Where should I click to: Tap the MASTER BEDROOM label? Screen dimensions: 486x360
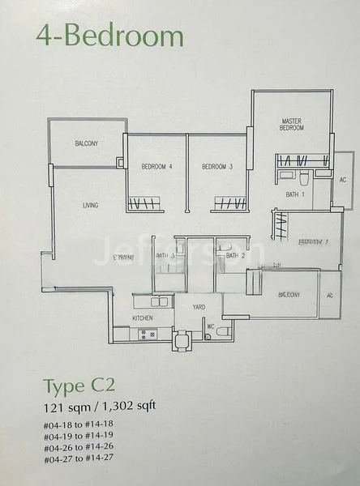point(292,125)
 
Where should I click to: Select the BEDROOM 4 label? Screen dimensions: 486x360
point(157,167)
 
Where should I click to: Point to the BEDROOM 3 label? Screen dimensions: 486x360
point(217,167)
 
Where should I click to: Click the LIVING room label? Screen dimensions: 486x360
point(90,206)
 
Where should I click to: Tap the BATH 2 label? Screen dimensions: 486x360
point(235,256)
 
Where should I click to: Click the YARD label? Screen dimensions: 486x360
point(198,308)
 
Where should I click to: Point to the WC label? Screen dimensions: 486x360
point(210,327)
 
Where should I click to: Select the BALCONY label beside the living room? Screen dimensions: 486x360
point(86,143)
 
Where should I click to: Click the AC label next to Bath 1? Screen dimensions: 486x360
point(343,180)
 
